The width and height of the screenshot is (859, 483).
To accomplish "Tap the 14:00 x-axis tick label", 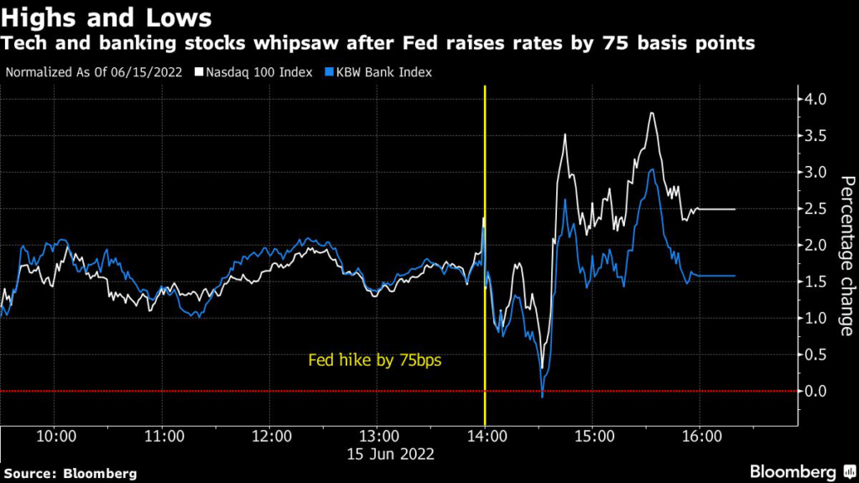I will pyautogui.click(x=486, y=437).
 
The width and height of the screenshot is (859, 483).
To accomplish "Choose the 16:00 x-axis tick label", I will pyautogui.click(x=701, y=437).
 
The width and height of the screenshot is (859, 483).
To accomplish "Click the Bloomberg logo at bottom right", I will pyautogui.click(x=798, y=470).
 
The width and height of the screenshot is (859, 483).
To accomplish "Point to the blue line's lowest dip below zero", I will pyautogui.click(x=543, y=396).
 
